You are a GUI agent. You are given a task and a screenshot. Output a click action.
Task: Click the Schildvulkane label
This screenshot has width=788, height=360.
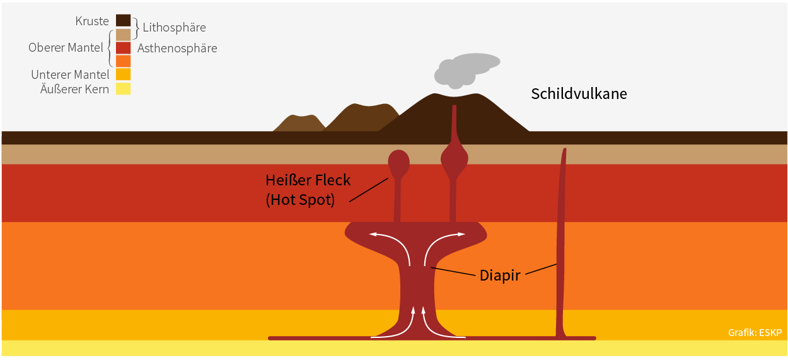pyautogui.click(x=579, y=95)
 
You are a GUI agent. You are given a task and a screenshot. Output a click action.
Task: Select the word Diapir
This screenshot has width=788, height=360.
pyautogui.click(x=499, y=276)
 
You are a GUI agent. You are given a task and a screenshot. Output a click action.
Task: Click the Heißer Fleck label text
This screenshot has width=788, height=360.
pyautogui.click(x=308, y=181)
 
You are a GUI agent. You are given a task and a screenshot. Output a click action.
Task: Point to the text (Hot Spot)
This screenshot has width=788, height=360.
pyautogui.click(x=299, y=200)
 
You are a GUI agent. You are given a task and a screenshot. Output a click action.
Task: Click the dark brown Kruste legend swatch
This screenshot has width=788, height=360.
pyautogui.click(x=123, y=21)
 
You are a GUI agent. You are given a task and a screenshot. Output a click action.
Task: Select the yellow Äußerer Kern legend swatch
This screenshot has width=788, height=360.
pyautogui.click(x=123, y=89)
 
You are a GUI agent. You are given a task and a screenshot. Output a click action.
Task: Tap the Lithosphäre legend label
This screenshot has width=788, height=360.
pyautogui.click(x=174, y=28)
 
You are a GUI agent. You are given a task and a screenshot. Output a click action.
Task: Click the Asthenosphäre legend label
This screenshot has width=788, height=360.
pyautogui.click(x=177, y=48)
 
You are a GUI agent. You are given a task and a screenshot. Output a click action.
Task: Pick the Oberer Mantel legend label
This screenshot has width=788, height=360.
pyautogui.click(x=66, y=48)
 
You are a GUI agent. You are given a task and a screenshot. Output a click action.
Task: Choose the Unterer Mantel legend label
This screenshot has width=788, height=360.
pyautogui.click(x=70, y=75)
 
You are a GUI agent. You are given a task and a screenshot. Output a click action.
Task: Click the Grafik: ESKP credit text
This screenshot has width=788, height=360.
pyautogui.click(x=755, y=332)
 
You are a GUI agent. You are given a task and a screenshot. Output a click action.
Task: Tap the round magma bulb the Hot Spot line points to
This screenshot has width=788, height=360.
pyautogui.click(x=398, y=163)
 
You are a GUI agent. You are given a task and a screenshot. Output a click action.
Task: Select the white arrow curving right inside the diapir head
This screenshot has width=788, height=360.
pyautogui.click(x=443, y=241)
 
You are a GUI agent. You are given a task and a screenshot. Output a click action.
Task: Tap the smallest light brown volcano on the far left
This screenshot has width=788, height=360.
pyautogui.click(x=299, y=124)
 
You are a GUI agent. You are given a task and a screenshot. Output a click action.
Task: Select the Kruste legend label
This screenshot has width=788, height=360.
pyautogui.click(x=92, y=21)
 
